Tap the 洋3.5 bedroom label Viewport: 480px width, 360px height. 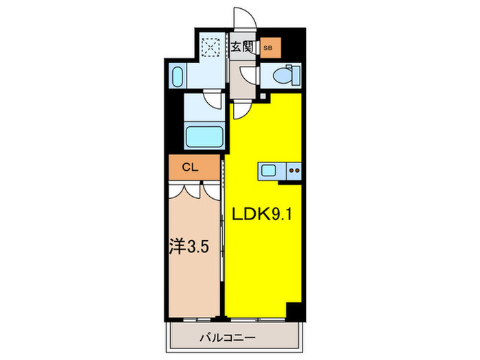point(186,246)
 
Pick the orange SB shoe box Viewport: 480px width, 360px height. point(268,48)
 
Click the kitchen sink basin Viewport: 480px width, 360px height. point(268,171)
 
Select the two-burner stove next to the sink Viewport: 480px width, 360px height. point(294,171)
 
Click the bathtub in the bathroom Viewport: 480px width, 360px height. point(204,134)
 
